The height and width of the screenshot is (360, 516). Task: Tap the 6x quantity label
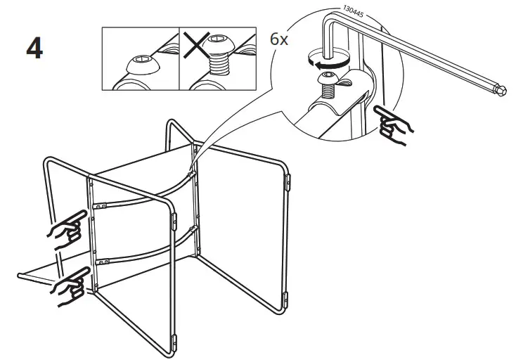pyautogui.click(x=279, y=39)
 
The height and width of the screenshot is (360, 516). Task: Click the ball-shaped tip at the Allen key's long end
pyautogui.click(x=501, y=89)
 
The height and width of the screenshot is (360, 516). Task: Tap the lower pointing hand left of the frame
pyautogui.click(x=69, y=284)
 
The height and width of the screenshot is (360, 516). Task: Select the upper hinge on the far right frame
pyautogui.click(x=288, y=181)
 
